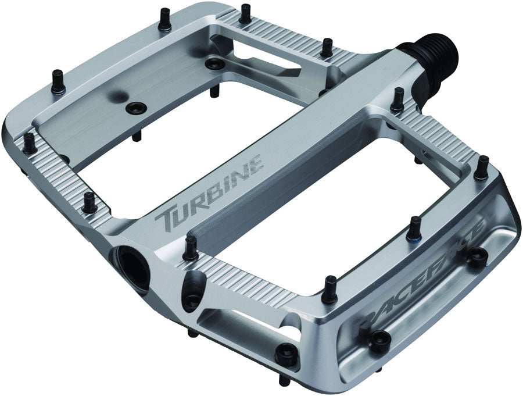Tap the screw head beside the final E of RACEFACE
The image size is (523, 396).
tap(477, 256)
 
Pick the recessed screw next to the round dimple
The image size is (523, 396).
tap(137, 107)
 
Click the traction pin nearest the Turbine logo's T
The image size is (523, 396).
tap(189, 248)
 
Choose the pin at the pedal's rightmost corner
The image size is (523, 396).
tap(481, 167)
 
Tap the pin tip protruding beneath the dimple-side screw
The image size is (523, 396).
tap(137, 135)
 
